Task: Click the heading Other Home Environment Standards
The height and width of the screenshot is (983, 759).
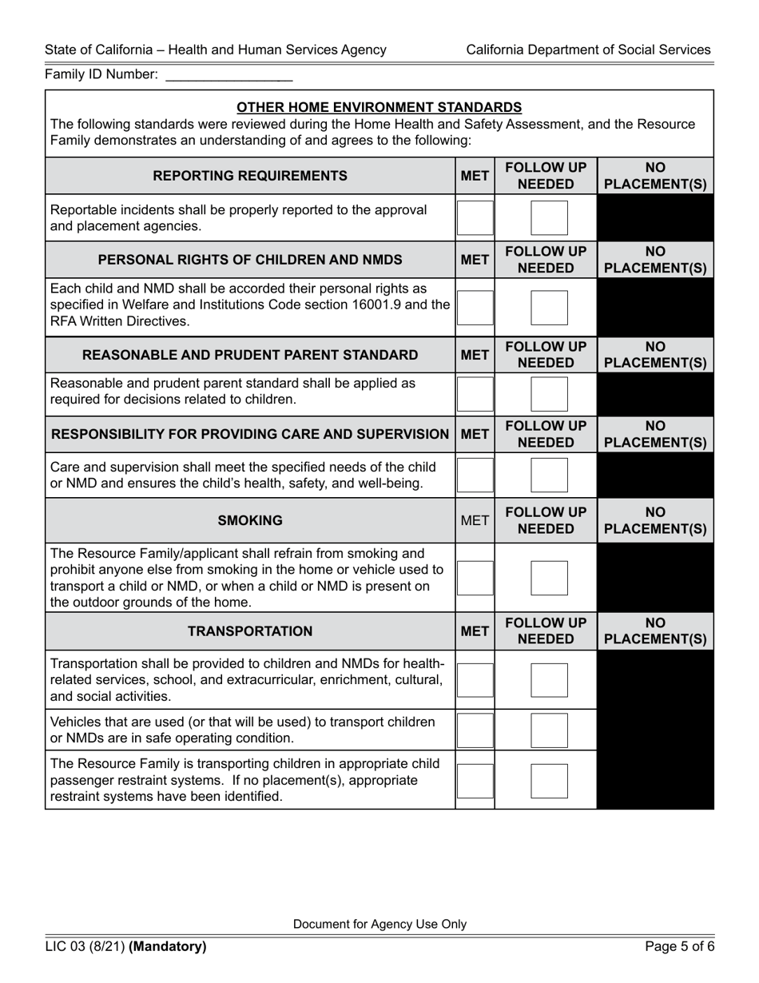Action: tap(379, 107)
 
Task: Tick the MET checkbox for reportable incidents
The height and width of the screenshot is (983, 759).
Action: tap(475, 217)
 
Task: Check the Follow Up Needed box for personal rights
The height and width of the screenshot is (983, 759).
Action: tap(549, 308)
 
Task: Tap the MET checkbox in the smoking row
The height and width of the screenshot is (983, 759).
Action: tap(475, 577)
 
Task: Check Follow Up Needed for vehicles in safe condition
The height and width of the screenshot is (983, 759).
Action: tap(549, 730)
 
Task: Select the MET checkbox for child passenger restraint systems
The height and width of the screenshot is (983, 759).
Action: tap(475, 781)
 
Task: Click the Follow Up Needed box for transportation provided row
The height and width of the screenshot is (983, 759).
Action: tap(549, 680)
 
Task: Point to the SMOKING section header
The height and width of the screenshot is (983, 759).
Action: tap(250, 520)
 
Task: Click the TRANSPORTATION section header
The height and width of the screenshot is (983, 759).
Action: tap(250, 631)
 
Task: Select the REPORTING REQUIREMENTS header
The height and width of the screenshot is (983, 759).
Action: tap(250, 176)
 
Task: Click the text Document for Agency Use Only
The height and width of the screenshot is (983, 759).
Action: tap(379, 924)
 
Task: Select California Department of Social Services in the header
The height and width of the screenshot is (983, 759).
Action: tap(588, 50)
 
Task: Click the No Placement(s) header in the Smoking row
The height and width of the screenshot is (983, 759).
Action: tap(655, 520)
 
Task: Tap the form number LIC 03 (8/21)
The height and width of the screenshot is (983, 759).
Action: tap(85, 947)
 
